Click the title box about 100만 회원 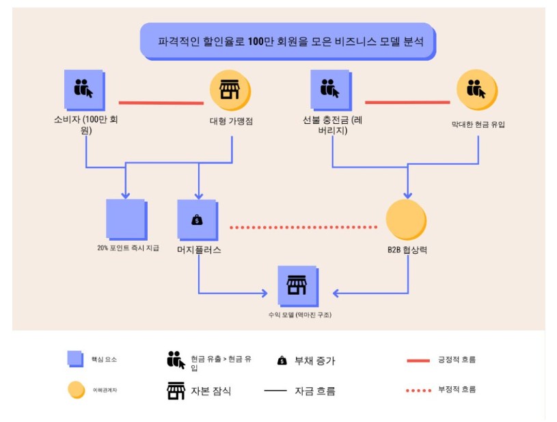tap(287, 41)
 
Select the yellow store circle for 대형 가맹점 tap(230, 91)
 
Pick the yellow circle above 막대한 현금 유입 tap(476, 90)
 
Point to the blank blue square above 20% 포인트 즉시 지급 tap(126, 219)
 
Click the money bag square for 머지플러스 tap(197, 220)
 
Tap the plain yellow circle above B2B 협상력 tap(406, 220)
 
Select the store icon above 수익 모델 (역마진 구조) tap(297, 285)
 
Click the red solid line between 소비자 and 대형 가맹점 tap(161, 103)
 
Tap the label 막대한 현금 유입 tap(478, 124)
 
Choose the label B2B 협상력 tap(407, 250)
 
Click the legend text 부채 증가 tap(314, 360)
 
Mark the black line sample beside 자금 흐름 tap(275, 391)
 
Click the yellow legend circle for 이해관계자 tap(76, 390)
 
